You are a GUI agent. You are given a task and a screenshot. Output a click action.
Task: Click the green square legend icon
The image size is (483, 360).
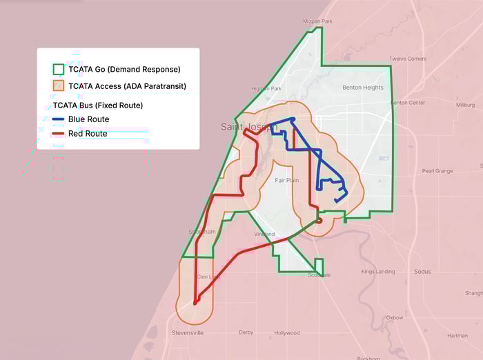coord(59,69)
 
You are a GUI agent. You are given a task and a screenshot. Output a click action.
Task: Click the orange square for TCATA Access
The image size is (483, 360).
coord(59,86)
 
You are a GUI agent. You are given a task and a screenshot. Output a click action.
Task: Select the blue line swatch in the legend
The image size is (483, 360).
coord(59,119)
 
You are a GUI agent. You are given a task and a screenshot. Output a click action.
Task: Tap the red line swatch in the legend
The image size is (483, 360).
coord(59,134)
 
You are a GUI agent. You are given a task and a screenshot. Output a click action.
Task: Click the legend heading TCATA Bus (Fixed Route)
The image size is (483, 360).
coord(98,106)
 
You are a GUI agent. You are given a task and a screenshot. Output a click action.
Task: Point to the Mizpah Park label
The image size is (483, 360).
coord(318,21)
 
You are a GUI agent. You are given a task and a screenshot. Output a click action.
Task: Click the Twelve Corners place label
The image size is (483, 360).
coord(407,59)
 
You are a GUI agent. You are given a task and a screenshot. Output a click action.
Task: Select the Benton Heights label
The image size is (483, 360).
coord(363,88)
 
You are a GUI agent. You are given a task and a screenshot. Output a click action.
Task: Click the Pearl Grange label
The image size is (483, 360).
coord(437,170)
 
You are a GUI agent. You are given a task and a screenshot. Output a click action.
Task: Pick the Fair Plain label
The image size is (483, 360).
coord(287,180)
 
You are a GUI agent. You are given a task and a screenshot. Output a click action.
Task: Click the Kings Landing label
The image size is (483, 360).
coord(378,272)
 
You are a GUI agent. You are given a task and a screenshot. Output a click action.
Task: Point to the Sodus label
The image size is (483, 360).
coord(422,272)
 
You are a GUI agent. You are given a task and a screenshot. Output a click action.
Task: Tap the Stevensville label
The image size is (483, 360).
coord(187,332)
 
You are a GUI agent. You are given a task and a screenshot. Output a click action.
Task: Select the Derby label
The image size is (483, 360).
coord(246,332)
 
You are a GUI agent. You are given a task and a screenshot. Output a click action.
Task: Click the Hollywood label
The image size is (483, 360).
coord(287,332)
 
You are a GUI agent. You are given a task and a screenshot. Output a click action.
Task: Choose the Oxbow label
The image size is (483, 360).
coord(395,318)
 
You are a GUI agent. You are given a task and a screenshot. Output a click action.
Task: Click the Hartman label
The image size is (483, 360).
coord(457,336)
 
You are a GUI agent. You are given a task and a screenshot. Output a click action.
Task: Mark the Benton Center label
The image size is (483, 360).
coord(408,103)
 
